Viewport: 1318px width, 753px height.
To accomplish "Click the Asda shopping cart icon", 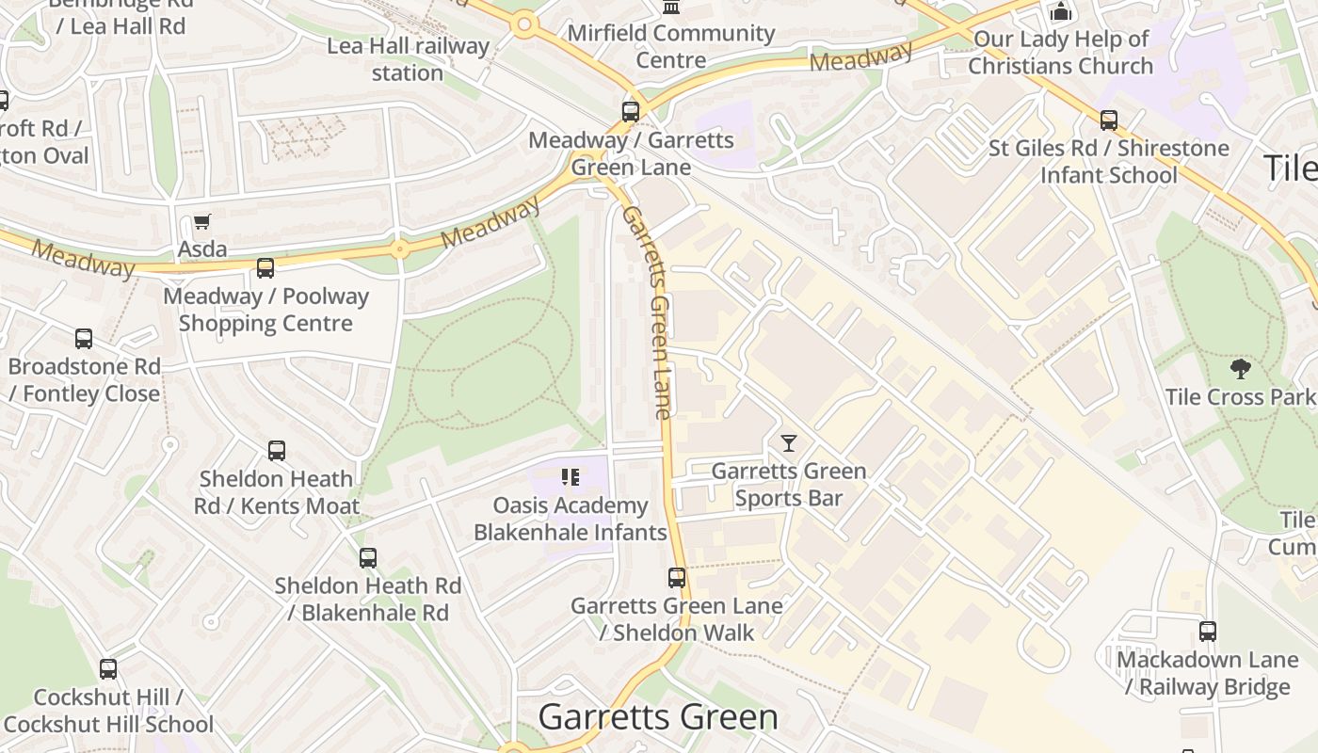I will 201,222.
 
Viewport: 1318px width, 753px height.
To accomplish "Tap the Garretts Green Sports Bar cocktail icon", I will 789,443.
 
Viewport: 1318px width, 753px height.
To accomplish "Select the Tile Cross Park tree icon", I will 1241,369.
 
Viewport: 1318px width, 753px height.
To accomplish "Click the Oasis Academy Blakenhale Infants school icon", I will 570,478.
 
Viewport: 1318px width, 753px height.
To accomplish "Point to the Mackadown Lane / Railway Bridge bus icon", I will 1208,632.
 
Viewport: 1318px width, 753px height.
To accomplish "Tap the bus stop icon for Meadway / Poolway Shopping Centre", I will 265,268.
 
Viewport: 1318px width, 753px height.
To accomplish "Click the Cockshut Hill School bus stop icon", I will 108,669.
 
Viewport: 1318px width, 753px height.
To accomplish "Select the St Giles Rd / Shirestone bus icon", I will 1109,120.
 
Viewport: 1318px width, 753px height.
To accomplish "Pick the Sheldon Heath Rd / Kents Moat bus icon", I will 277,451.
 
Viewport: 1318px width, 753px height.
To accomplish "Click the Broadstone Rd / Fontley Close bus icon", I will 84,339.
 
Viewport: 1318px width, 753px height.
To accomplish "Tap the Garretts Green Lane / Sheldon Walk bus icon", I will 677,578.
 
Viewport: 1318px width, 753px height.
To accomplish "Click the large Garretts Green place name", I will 658,717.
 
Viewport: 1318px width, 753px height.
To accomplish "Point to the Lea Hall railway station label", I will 408,59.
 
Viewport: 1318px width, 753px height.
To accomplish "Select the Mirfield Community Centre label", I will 670,47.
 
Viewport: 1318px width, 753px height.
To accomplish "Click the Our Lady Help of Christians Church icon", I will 1061,12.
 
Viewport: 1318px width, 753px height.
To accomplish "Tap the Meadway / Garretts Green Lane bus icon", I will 631,112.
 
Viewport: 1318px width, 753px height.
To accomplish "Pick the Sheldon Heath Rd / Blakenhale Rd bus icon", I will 368,558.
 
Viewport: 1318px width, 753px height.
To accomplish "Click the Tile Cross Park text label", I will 1240,397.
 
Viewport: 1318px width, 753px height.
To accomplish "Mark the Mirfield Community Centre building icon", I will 671,8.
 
